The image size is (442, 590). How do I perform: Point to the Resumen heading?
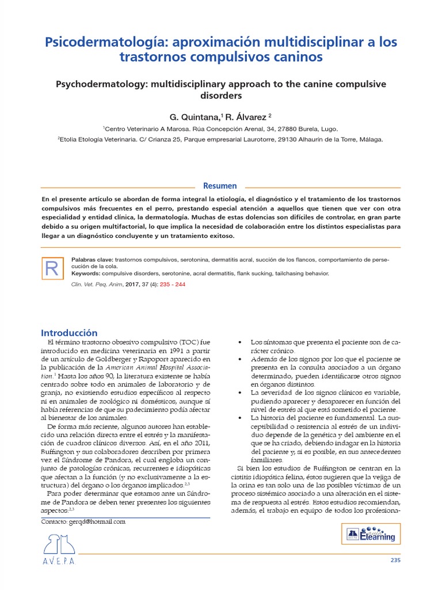coord(220,186)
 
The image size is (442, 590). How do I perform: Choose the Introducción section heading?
coord(69,332)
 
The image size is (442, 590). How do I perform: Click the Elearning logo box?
coord(371,534)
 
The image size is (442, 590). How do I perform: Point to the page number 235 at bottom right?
coord(395,560)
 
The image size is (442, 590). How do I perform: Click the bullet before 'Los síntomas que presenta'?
coord(239,342)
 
